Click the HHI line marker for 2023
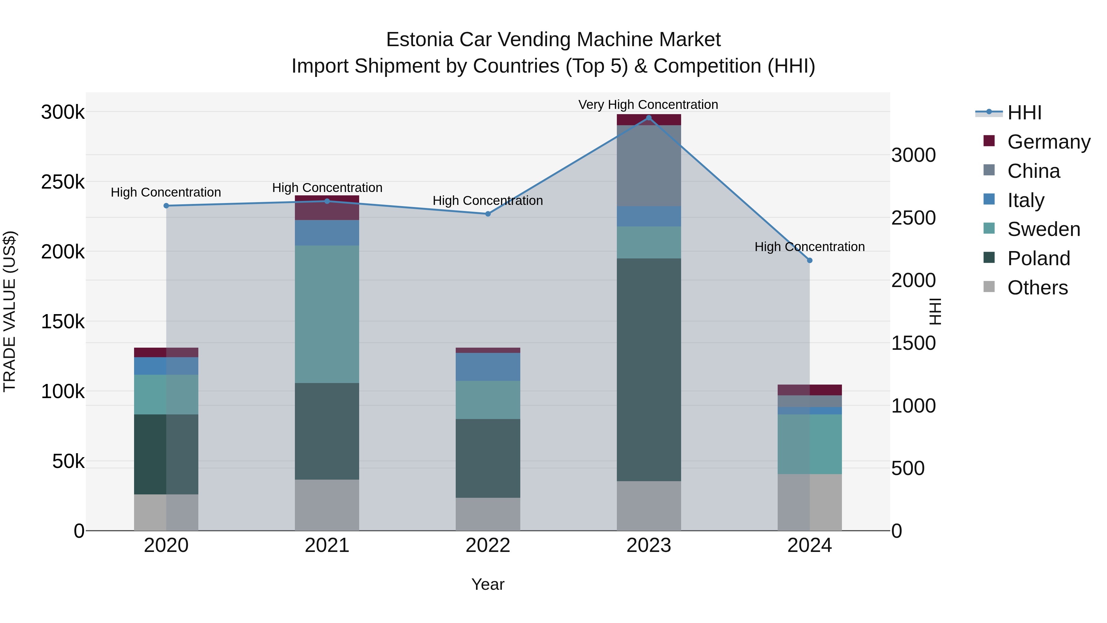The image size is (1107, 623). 649,118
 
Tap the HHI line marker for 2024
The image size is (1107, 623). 810,260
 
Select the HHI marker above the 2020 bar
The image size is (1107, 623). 166,206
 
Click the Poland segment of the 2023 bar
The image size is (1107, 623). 649,370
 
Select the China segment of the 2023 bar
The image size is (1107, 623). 649,166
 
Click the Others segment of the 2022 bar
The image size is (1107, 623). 488,514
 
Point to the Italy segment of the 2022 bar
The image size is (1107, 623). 488,366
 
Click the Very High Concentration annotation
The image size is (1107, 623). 648,105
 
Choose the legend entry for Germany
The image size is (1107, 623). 1049,142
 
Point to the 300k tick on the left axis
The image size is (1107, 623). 63,112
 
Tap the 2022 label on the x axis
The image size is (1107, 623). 488,545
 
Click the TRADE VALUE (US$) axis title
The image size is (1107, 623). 10,311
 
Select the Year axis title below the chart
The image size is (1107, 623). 488,584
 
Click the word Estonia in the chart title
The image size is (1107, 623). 419,40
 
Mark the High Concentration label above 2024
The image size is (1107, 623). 810,247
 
